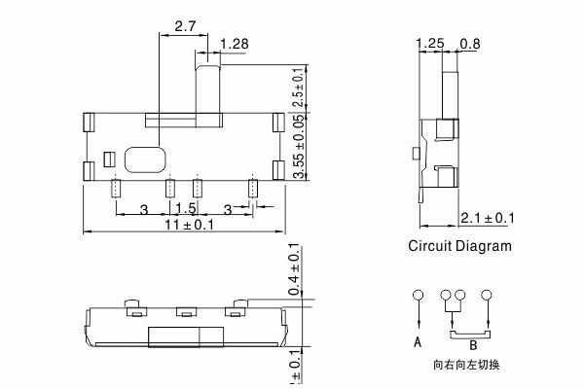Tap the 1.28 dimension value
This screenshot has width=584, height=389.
(236, 44)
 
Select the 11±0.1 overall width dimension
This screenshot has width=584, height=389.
(186, 225)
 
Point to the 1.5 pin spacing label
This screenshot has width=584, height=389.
(185, 209)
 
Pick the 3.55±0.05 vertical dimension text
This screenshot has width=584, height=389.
(298, 149)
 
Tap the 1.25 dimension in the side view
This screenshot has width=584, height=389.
(429, 44)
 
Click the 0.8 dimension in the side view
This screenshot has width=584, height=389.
(469, 44)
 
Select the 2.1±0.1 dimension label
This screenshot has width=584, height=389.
(487, 217)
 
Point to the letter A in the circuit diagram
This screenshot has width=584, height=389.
(417, 342)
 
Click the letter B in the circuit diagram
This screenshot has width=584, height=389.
(472, 344)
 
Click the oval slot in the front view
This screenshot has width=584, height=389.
(145, 159)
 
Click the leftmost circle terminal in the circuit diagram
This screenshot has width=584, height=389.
(417, 295)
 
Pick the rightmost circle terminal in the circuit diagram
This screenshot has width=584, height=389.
(487, 295)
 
